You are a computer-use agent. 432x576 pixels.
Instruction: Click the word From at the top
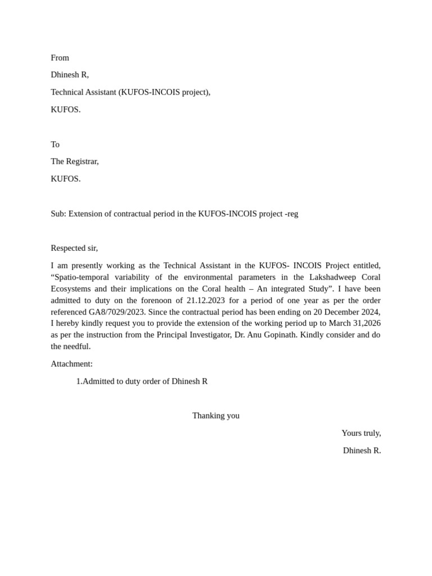point(60,58)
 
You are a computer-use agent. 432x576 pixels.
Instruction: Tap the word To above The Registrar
point(55,145)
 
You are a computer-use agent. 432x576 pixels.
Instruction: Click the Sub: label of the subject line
point(58,214)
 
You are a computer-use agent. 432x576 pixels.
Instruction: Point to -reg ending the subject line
point(291,214)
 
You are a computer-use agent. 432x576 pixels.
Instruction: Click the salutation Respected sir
point(74,248)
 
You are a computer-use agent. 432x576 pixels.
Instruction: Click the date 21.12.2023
point(205,300)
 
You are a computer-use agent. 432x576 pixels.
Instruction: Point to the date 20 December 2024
point(346,312)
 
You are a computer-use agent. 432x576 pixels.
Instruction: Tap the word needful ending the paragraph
point(78,346)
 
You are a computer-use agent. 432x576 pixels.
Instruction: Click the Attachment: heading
point(71,364)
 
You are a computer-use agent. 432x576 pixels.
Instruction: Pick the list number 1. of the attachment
point(79,381)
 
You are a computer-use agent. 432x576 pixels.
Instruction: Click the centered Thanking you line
point(216,416)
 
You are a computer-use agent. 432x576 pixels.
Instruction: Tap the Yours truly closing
point(361,433)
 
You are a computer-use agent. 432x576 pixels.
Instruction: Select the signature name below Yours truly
point(362,451)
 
